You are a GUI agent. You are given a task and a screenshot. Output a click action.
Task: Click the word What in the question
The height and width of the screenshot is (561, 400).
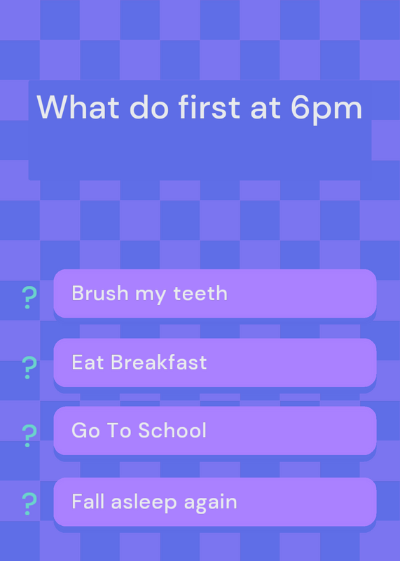[x=78, y=107]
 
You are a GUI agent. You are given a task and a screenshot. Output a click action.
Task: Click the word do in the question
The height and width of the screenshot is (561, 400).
[x=149, y=107]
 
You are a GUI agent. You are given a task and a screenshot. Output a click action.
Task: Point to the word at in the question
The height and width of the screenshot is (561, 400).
[x=265, y=109]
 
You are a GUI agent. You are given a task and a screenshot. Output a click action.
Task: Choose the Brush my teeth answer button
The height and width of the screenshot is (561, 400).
[x=215, y=293]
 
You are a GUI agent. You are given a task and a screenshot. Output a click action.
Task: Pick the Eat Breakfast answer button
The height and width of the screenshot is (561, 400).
[x=215, y=363]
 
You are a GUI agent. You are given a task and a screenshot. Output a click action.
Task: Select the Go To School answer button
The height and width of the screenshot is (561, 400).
[x=215, y=431]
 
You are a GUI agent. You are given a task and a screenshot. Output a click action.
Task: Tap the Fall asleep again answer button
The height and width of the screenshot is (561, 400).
[x=215, y=501]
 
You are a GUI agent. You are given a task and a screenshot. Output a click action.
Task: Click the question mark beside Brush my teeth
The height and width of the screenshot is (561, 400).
[x=29, y=297]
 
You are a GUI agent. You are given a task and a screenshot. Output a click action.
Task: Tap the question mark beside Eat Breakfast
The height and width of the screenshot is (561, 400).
[x=29, y=367]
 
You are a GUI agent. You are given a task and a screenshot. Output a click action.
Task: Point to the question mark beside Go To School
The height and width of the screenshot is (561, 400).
[x=29, y=435]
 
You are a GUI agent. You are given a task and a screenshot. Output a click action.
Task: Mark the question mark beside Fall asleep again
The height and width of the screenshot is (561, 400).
[x=29, y=503]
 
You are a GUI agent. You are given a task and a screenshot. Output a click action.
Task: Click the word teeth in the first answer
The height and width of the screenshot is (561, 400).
[x=200, y=293]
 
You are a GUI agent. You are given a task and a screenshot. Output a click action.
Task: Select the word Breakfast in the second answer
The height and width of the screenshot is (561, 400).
[x=159, y=362]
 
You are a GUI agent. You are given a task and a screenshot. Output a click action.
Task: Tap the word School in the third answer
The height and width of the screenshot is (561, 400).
[x=172, y=430]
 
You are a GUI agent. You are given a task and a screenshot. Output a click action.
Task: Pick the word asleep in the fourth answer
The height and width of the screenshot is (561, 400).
[x=144, y=503]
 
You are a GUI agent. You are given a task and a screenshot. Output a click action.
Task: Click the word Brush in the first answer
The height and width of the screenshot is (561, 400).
[x=100, y=293]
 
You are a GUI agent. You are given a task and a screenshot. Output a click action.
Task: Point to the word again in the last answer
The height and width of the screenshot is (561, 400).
[x=211, y=503]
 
